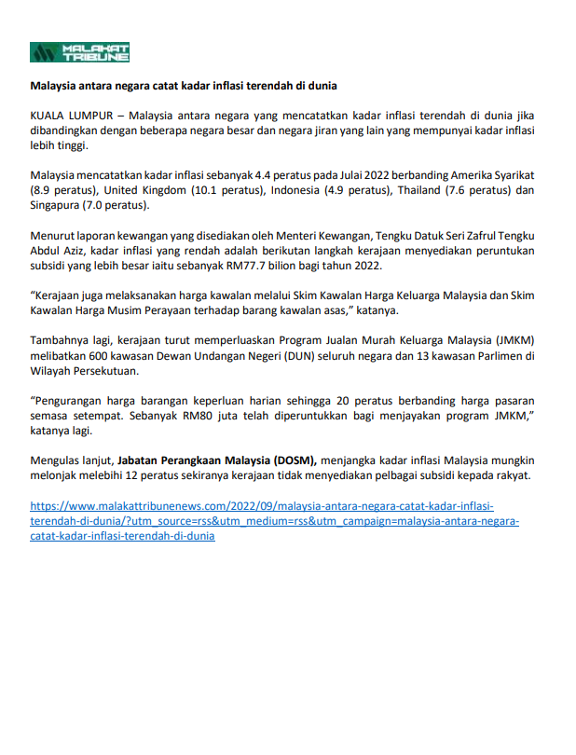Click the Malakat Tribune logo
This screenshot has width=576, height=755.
(x=79, y=52)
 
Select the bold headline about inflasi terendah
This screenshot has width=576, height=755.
(x=183, y=87)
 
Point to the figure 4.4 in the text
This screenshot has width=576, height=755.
(x=263, y=176)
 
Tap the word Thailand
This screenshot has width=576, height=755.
(x=422, y=190)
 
